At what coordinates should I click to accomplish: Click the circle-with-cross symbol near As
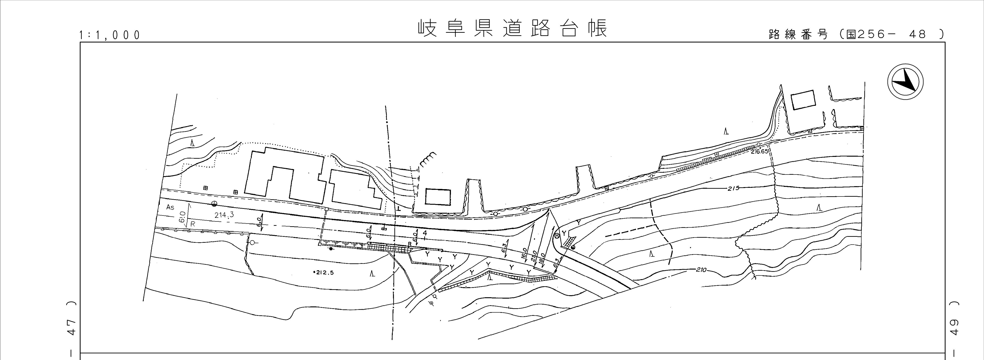click(215, 204)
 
